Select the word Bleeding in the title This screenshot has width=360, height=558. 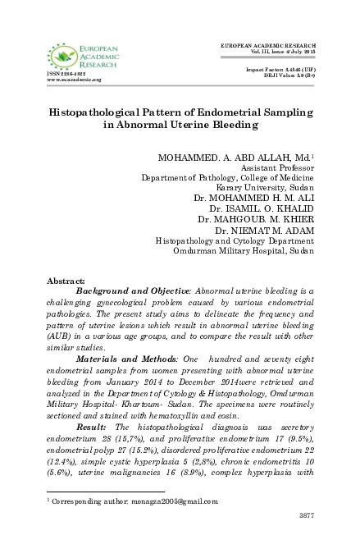[x=232, y=126]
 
